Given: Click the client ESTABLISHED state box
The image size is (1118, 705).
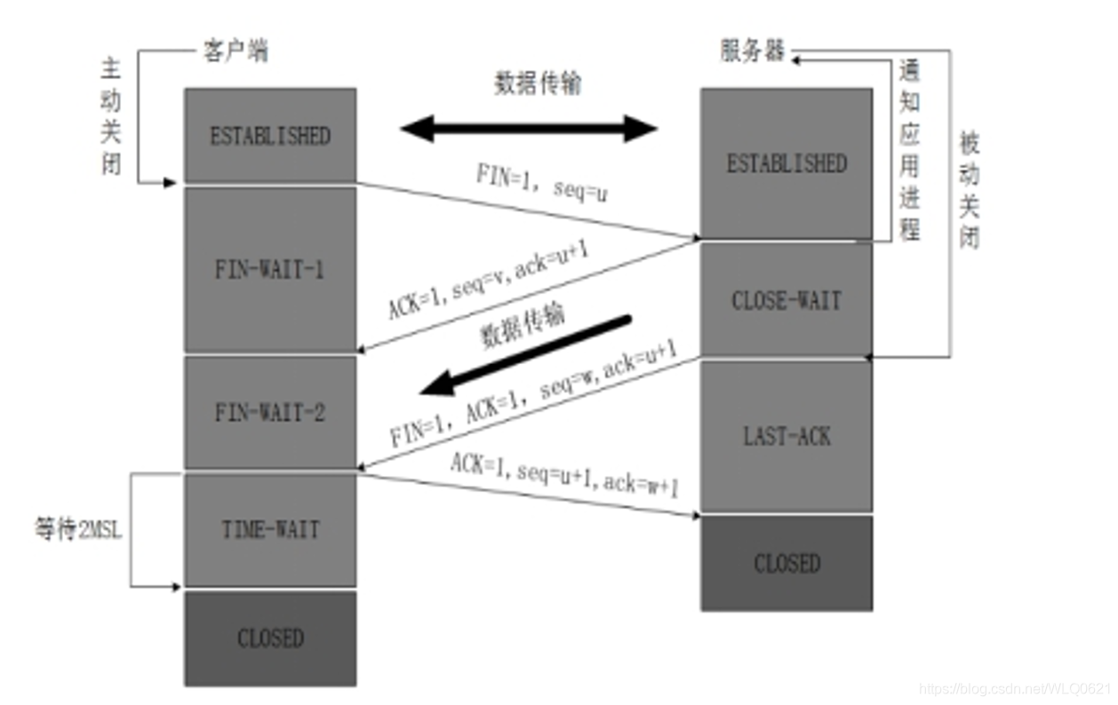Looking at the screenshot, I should pos(270,136).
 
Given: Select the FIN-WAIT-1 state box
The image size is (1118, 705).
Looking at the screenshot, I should pos(270,270).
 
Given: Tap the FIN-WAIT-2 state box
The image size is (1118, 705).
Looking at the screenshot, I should pos(270,413).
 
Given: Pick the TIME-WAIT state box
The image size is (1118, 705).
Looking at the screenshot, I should pos(270,530).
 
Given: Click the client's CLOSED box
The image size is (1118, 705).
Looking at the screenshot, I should pos(270,638).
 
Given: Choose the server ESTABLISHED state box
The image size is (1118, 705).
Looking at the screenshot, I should pos(787,163).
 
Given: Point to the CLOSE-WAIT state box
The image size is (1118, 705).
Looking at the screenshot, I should pos(787,300).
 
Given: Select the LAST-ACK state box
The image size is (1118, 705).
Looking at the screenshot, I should pos(787,436).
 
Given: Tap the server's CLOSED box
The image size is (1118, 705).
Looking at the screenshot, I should pos(787,563).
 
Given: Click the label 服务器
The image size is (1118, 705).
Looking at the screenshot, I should pos(753,51).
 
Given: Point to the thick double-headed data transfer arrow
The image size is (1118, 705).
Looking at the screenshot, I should pos(529,129).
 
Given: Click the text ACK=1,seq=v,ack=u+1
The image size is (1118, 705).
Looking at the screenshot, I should pos(490,279).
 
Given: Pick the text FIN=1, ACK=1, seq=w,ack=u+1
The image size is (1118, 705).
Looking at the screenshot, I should pos(533,395).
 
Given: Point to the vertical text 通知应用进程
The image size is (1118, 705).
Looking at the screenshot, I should pos(908,151).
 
